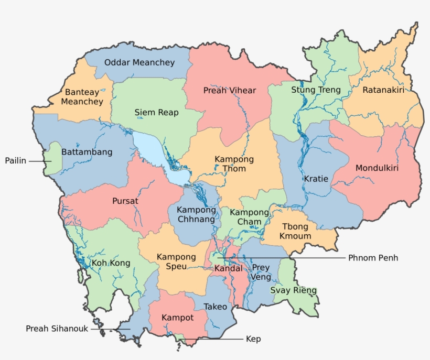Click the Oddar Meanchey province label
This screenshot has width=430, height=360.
click(139, 62)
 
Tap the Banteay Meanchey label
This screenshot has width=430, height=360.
click(82, 97)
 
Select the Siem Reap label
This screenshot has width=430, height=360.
click(156, 113)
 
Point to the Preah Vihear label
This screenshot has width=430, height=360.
click(230, 91)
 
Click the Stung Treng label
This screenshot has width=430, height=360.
click(316, 90)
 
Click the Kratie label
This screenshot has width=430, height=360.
click(316, 179)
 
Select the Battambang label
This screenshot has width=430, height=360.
click(87, 152)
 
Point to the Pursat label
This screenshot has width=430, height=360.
click(125, 201)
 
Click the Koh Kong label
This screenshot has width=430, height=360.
click(111, 263)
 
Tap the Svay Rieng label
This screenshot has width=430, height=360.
click(293, 290)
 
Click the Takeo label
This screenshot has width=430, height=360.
click(216, 307)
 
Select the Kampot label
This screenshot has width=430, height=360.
click(177, 318)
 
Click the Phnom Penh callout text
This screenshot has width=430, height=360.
click(373, 258)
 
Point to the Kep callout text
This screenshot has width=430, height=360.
click(253, 339)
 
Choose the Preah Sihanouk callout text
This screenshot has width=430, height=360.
click(57, 329)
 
